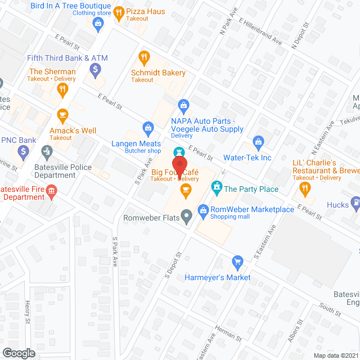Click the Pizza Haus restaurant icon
[119, 12]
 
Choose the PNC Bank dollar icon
[23, 151]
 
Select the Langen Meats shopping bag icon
[148, 128]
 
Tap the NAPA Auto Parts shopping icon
[183, 104]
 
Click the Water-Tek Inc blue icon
[258, 142]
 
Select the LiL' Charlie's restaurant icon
[306, 188]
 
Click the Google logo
[19, 353]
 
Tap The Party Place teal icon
[216, 186]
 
